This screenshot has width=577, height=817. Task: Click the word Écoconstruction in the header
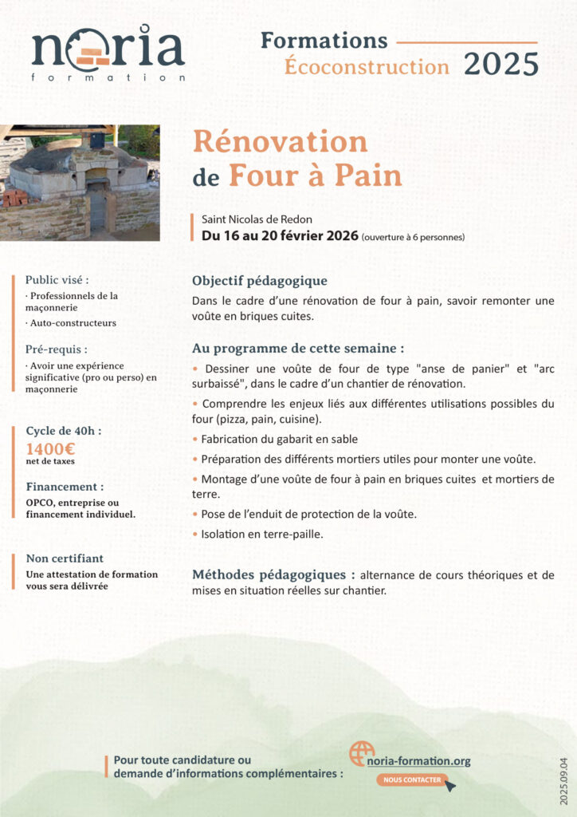tap(367, 66)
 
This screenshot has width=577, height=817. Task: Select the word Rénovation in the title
tap(281, 143)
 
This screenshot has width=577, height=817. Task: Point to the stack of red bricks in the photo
tap(14, 197)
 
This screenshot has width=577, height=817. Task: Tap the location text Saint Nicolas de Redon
tap(257, 219)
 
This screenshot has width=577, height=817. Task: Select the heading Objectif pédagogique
tap(260, 281)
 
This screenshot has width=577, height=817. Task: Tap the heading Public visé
tap(57, 280)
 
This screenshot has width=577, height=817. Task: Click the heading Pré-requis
tap(57, 349)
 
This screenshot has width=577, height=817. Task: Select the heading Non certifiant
tap(65, 558)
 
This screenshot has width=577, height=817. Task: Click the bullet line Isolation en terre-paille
tap(261, 535)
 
